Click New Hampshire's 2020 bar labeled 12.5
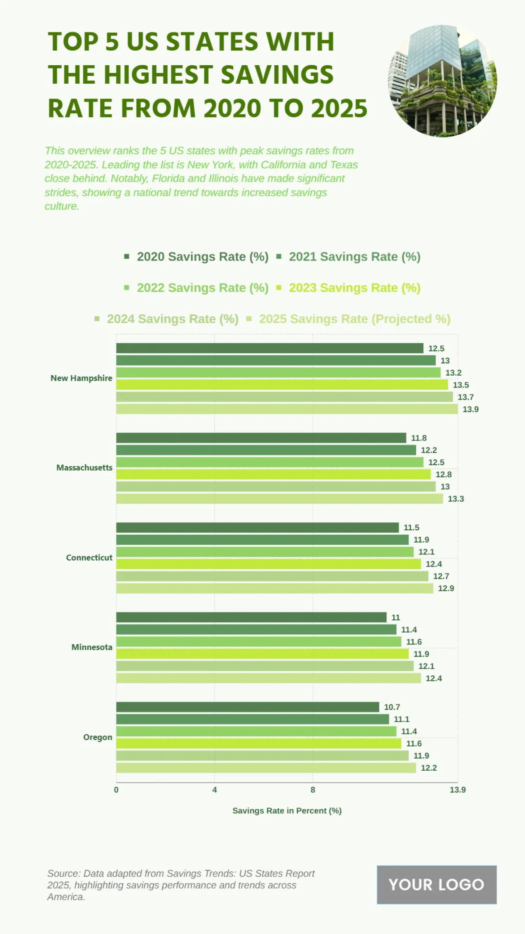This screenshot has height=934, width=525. click(x=269, y=348)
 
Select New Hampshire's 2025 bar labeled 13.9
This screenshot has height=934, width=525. click(x=287, y=409)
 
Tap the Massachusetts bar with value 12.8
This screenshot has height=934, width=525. click(x=273, y=474)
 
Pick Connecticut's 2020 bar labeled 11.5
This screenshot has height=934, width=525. click(x=257, y=528)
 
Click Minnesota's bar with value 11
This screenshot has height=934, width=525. click(x=251, y=617)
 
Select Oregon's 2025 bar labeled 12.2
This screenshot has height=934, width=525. click(x=266, y=768)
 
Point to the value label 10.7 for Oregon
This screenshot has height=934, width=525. click(x=392, y=707)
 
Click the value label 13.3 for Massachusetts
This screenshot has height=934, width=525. click(x=456, y=499)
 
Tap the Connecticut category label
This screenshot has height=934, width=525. click(x=89, y=557)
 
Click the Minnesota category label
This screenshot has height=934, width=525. click(x=91, y=647)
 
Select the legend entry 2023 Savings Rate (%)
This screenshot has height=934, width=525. click(x=354, y=288)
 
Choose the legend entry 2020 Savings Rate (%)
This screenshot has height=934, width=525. click(x=202, y=257)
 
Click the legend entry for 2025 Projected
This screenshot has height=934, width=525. click(x=354, y=319)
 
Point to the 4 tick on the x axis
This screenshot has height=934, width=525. click(x=214, y=790)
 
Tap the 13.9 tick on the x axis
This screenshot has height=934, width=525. click(x=458, y=790)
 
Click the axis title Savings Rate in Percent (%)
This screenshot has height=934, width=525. click(x=287, y=811)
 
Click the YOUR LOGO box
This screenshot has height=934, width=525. click(x=437, y=885)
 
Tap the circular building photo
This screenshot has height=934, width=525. click(x=442, y=81)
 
